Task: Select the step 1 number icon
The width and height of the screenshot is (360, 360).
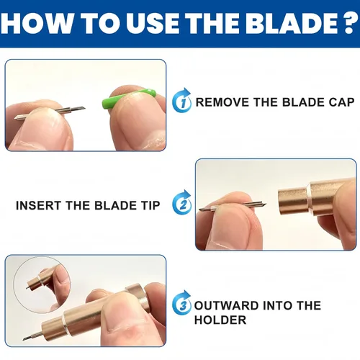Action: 182,101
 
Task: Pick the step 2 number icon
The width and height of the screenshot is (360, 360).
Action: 182,202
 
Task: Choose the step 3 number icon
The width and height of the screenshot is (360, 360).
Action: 182,303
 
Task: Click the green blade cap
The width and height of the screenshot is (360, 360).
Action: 129,99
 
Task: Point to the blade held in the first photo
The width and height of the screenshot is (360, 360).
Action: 50,113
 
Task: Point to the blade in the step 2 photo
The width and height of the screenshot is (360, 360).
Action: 233,206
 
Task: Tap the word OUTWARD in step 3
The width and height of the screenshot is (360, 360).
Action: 226,305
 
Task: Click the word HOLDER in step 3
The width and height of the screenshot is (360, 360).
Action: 220,320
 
